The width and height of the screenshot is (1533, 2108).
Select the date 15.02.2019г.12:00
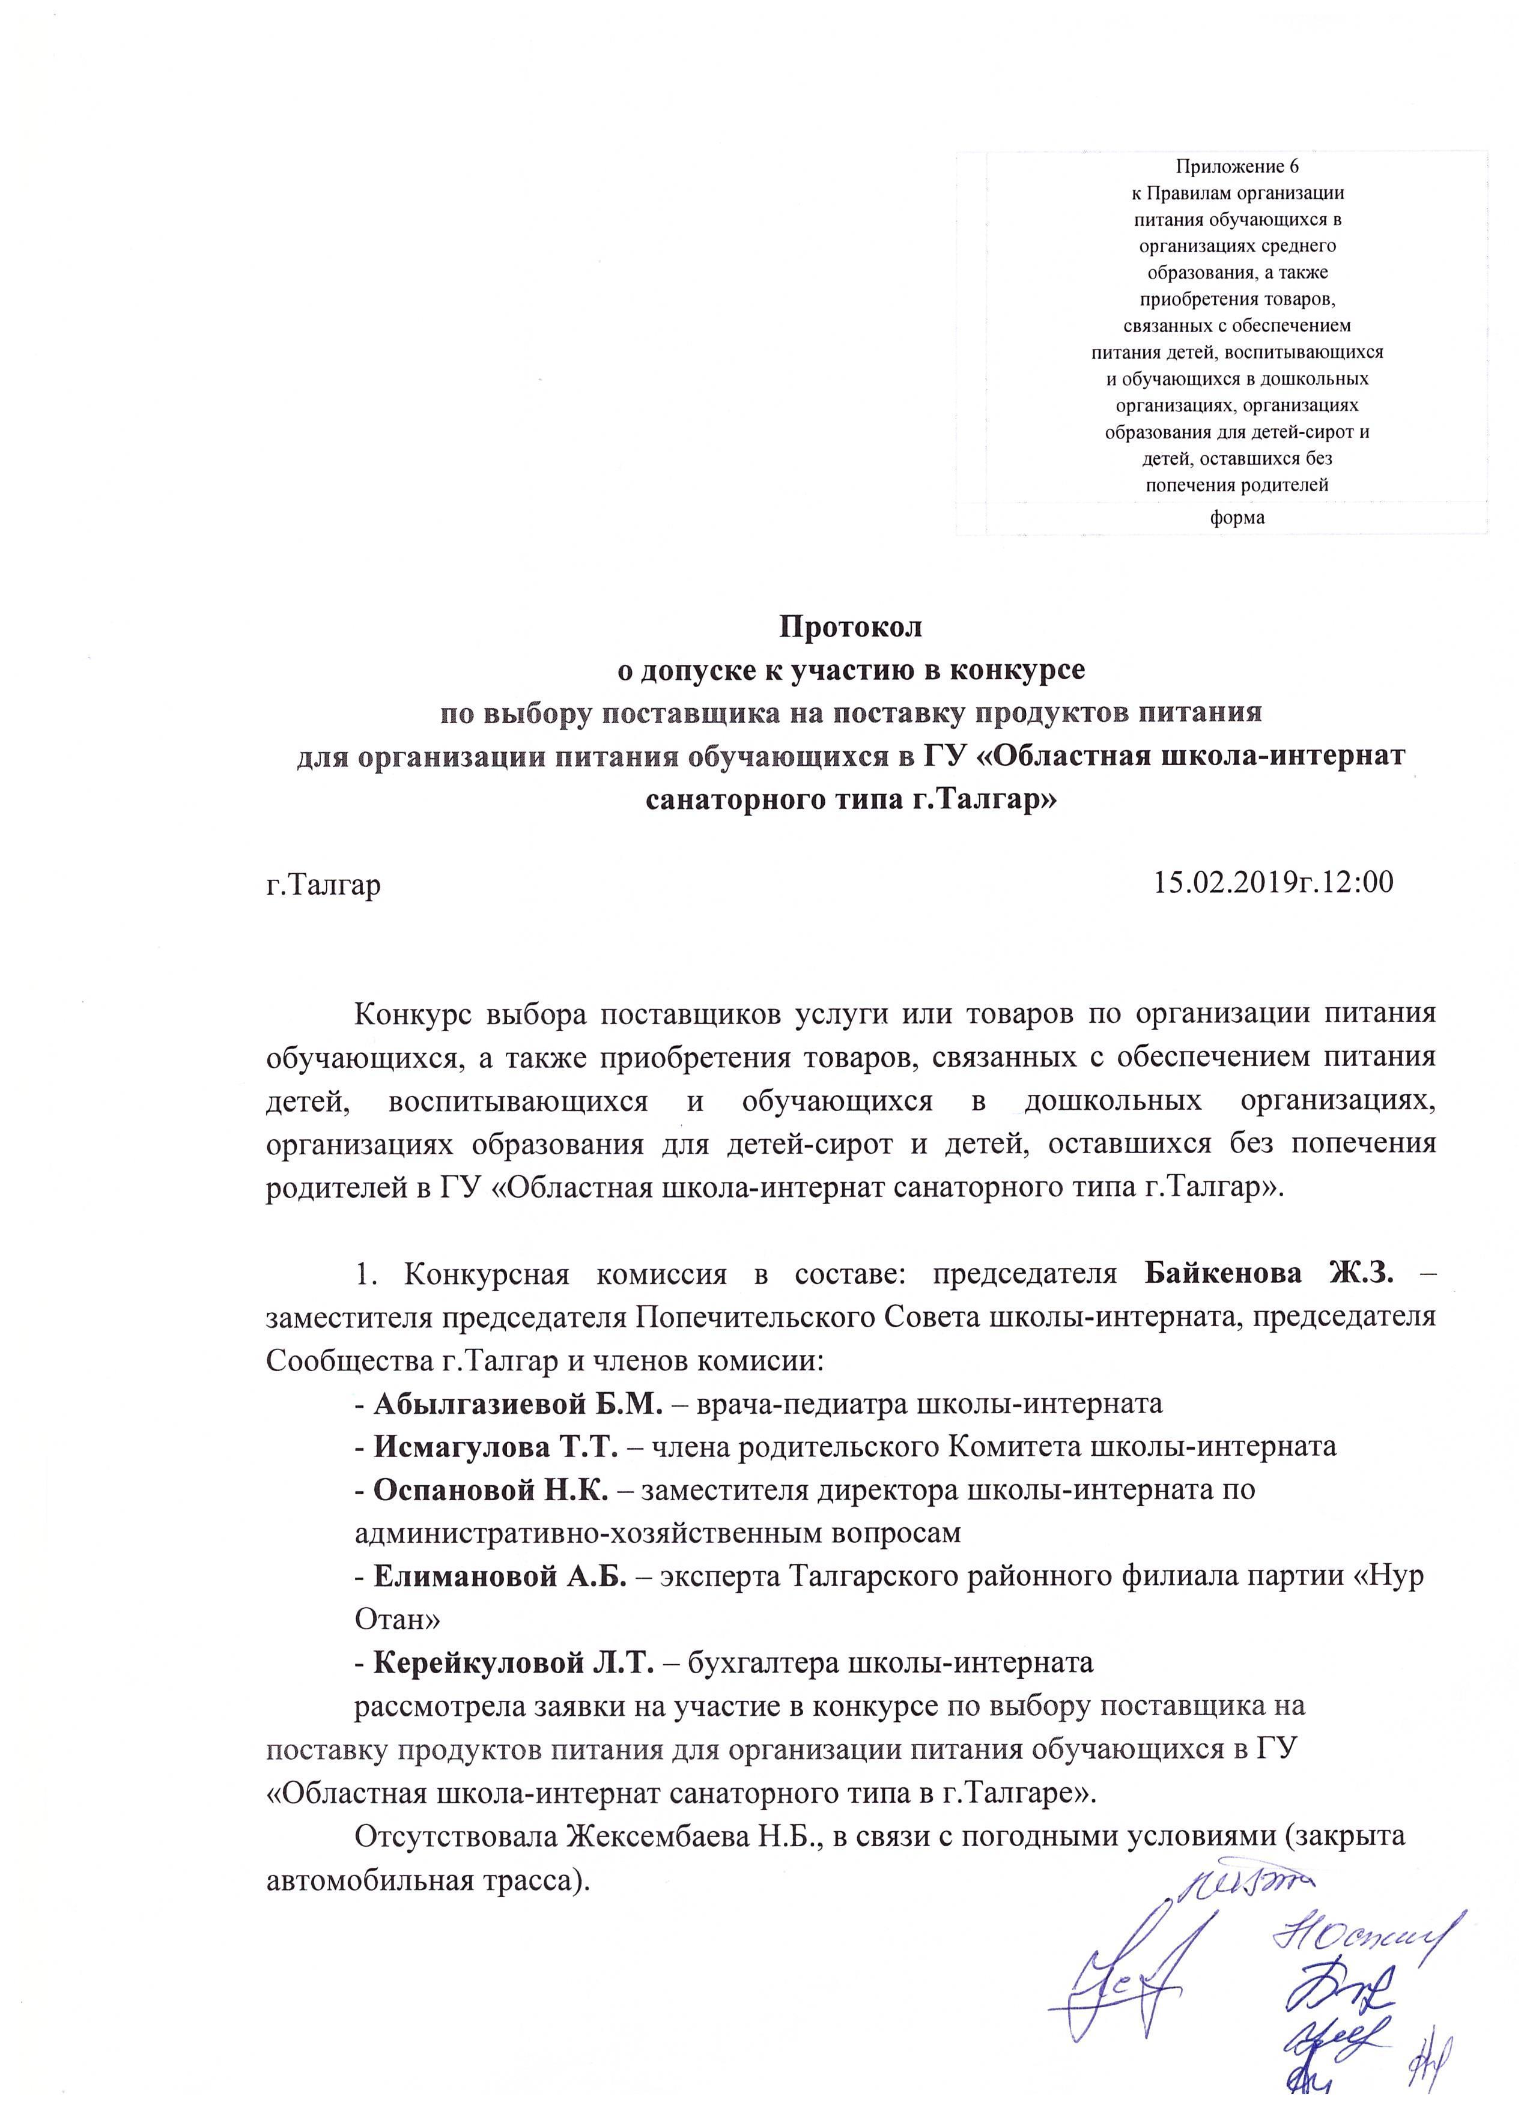tap(1273, 882)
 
